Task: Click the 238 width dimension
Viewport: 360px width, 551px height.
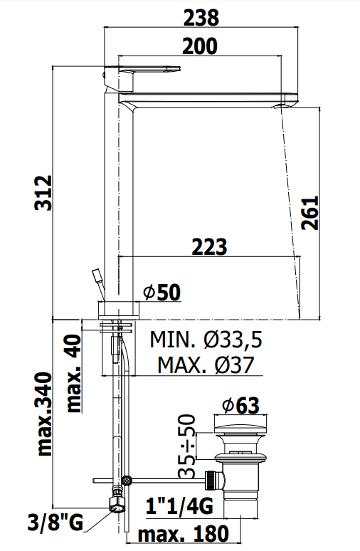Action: coord(201,17)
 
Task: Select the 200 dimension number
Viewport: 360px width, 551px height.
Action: coord(200,46)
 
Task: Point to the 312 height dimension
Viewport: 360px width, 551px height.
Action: coord(44,193)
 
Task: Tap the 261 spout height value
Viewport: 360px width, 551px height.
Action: coord(310,214)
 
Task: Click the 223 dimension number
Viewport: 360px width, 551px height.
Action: coord(209,247)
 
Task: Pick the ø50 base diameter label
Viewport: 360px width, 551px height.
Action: coord(162,293)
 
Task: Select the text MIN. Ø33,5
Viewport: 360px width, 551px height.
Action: coord(206,340)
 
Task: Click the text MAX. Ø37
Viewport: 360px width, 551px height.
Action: coord(206,364)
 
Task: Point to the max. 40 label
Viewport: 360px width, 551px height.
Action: coord(74,373)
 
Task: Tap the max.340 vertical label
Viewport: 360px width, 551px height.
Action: coord(44,414)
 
